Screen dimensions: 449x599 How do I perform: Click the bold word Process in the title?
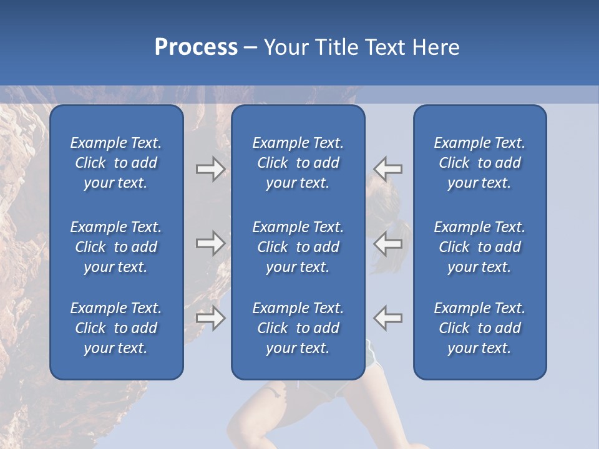point(196,47)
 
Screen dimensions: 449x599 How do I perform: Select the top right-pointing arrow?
point(211,169)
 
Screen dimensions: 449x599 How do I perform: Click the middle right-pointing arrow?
point(211,243)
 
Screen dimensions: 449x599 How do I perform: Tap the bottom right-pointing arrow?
point(211,318)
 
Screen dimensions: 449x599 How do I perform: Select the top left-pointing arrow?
point(387,169)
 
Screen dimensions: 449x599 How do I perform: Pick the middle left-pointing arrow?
point(387,243)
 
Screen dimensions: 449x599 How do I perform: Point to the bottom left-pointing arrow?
point(387,318)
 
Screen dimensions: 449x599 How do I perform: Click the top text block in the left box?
point(116,163)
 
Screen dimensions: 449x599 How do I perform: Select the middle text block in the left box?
point(116,247)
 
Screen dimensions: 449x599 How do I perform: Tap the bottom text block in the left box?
point(116,328)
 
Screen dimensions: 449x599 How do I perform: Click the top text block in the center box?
point(298,163)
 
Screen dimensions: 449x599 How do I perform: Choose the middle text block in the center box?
point(298,247)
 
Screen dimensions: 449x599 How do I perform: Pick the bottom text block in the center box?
point(298,328)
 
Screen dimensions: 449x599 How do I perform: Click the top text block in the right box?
point(479,163)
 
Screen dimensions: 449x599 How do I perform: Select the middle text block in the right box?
point(479,247)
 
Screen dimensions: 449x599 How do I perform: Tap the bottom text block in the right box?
point(479,328)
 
